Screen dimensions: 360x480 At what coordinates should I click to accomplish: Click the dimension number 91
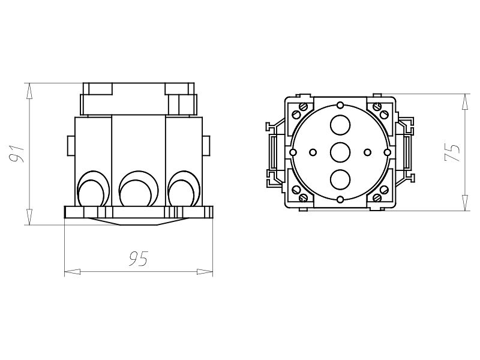point(16,154)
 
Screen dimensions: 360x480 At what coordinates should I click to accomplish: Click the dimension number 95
point(139,258)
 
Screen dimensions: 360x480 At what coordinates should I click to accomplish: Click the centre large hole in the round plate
point(340,152)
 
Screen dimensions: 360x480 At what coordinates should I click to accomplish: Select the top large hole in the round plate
point(340,124)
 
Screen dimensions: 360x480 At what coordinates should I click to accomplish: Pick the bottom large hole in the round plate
point(340,179)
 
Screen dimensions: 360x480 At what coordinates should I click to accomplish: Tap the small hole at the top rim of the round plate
point(340,106)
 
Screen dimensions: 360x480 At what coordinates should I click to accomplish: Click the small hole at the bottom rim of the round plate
point(340,199)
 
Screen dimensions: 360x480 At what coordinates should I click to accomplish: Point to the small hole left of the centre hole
point(313,152)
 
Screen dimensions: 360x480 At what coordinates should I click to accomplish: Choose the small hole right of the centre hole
point(367,152)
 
